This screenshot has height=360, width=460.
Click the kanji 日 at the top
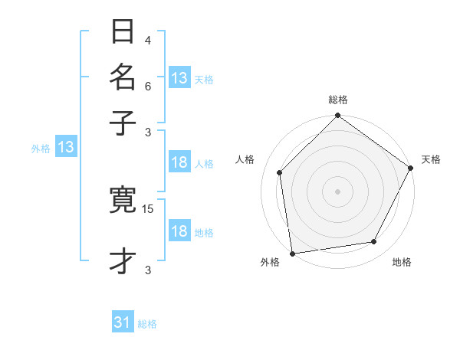123,33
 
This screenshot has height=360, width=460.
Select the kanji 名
123,78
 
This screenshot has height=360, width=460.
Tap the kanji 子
123,123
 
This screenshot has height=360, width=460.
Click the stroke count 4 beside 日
148,40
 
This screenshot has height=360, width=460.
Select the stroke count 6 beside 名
148,87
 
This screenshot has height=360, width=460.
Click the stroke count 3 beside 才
148,270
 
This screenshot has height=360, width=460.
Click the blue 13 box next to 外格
65,148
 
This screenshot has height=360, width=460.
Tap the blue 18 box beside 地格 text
179,232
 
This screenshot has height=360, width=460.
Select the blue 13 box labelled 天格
179,77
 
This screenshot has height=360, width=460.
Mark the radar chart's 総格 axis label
338,100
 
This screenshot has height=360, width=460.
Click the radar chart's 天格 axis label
431,159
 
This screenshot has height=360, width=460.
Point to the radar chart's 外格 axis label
270,263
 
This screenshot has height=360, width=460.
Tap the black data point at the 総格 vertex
337,116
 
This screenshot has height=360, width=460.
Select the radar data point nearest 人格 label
280,172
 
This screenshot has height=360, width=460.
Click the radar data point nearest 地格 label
374,242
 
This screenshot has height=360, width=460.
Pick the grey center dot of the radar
337,191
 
